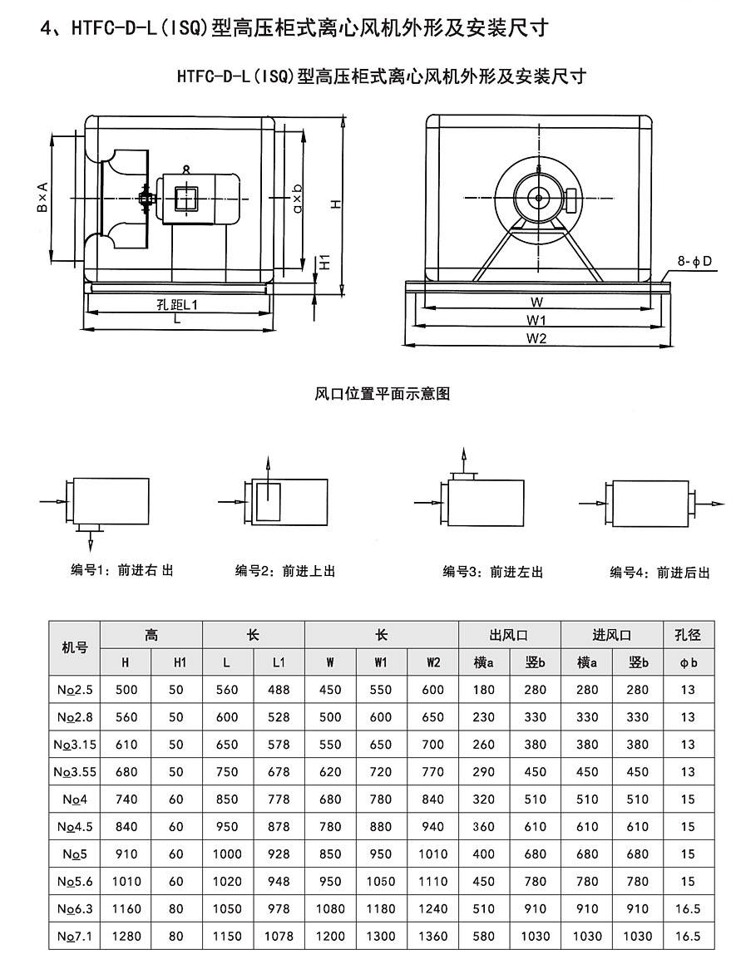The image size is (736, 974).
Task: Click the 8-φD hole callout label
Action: [695, 261]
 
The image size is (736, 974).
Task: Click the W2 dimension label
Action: [536, 338]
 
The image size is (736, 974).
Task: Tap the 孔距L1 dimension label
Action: [177, 305]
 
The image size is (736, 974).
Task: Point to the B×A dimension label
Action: [42, 199]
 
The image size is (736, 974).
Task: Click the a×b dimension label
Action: [298, 199]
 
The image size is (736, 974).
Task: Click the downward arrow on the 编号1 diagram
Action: [91, 543]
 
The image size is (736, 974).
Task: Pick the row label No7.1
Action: [74, 936]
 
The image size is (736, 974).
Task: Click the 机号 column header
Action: [74, 648]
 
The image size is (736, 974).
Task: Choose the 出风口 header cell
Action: [509, 635]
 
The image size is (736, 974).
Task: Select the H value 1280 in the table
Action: [126, 936]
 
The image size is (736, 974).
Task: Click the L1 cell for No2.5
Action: [279, 689]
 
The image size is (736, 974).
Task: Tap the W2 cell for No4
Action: [433, 799]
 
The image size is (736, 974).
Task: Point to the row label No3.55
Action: [74, 771]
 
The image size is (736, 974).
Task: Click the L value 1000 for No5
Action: [227, 853]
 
